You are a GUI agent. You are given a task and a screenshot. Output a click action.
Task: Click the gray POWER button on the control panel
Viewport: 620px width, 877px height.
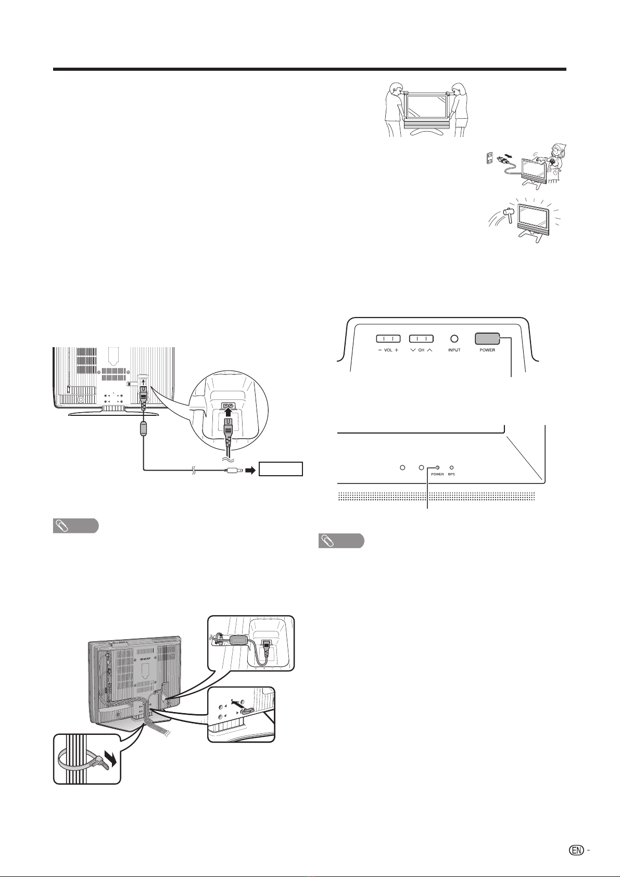(x=487, y=338)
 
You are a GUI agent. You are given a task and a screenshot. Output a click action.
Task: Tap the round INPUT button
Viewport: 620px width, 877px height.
(x=454, y=338)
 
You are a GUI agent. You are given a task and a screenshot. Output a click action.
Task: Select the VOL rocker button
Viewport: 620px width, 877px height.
(x=388, y=338)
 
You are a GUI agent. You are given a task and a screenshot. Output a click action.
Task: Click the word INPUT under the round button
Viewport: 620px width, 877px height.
(x=454, y=350)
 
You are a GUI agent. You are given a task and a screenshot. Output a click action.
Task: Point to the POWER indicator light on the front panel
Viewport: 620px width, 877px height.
(x=437, y=467)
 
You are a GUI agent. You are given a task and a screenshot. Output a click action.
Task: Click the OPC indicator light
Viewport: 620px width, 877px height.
(x=451, y=467)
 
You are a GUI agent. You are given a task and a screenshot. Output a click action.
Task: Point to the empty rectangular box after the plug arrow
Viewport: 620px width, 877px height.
(x=281, y=469)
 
